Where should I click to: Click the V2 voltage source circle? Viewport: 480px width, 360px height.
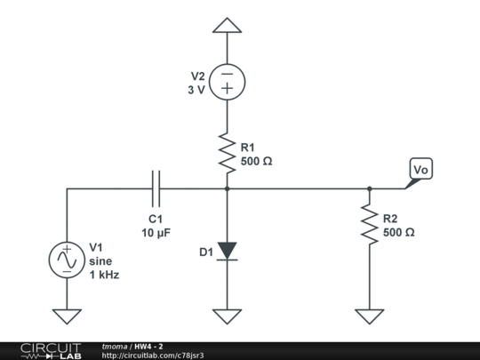coord(228,83)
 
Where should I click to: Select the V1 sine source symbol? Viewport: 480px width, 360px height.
coord(67,260)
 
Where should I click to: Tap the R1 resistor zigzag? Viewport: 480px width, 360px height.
coord(228,152)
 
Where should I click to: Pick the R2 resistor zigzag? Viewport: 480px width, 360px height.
coord(369,224)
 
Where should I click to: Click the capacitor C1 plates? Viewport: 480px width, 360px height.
coord(156,188)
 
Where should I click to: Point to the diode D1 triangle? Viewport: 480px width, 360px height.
coord(228,251)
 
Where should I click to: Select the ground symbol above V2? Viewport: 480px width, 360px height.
coord(228,26)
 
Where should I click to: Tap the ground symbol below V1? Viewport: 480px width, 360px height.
coord(67,316)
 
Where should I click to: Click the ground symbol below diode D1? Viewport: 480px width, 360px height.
coord(228,316)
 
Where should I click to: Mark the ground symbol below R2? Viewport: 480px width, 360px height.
coord(369,316)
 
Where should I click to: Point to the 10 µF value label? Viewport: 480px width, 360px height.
coord(156,233)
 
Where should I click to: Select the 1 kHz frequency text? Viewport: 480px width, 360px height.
coord(104,275)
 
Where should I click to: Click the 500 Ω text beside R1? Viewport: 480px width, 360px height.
coord(257,162)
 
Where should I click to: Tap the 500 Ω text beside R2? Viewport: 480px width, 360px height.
coord(398,232)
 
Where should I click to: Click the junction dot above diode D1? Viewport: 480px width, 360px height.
coord(228,188)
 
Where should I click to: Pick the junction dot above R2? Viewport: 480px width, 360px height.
coord(369,188)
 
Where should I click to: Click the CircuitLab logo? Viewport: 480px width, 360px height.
coord(51,350)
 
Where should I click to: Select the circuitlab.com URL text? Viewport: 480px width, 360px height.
coord(153,356)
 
